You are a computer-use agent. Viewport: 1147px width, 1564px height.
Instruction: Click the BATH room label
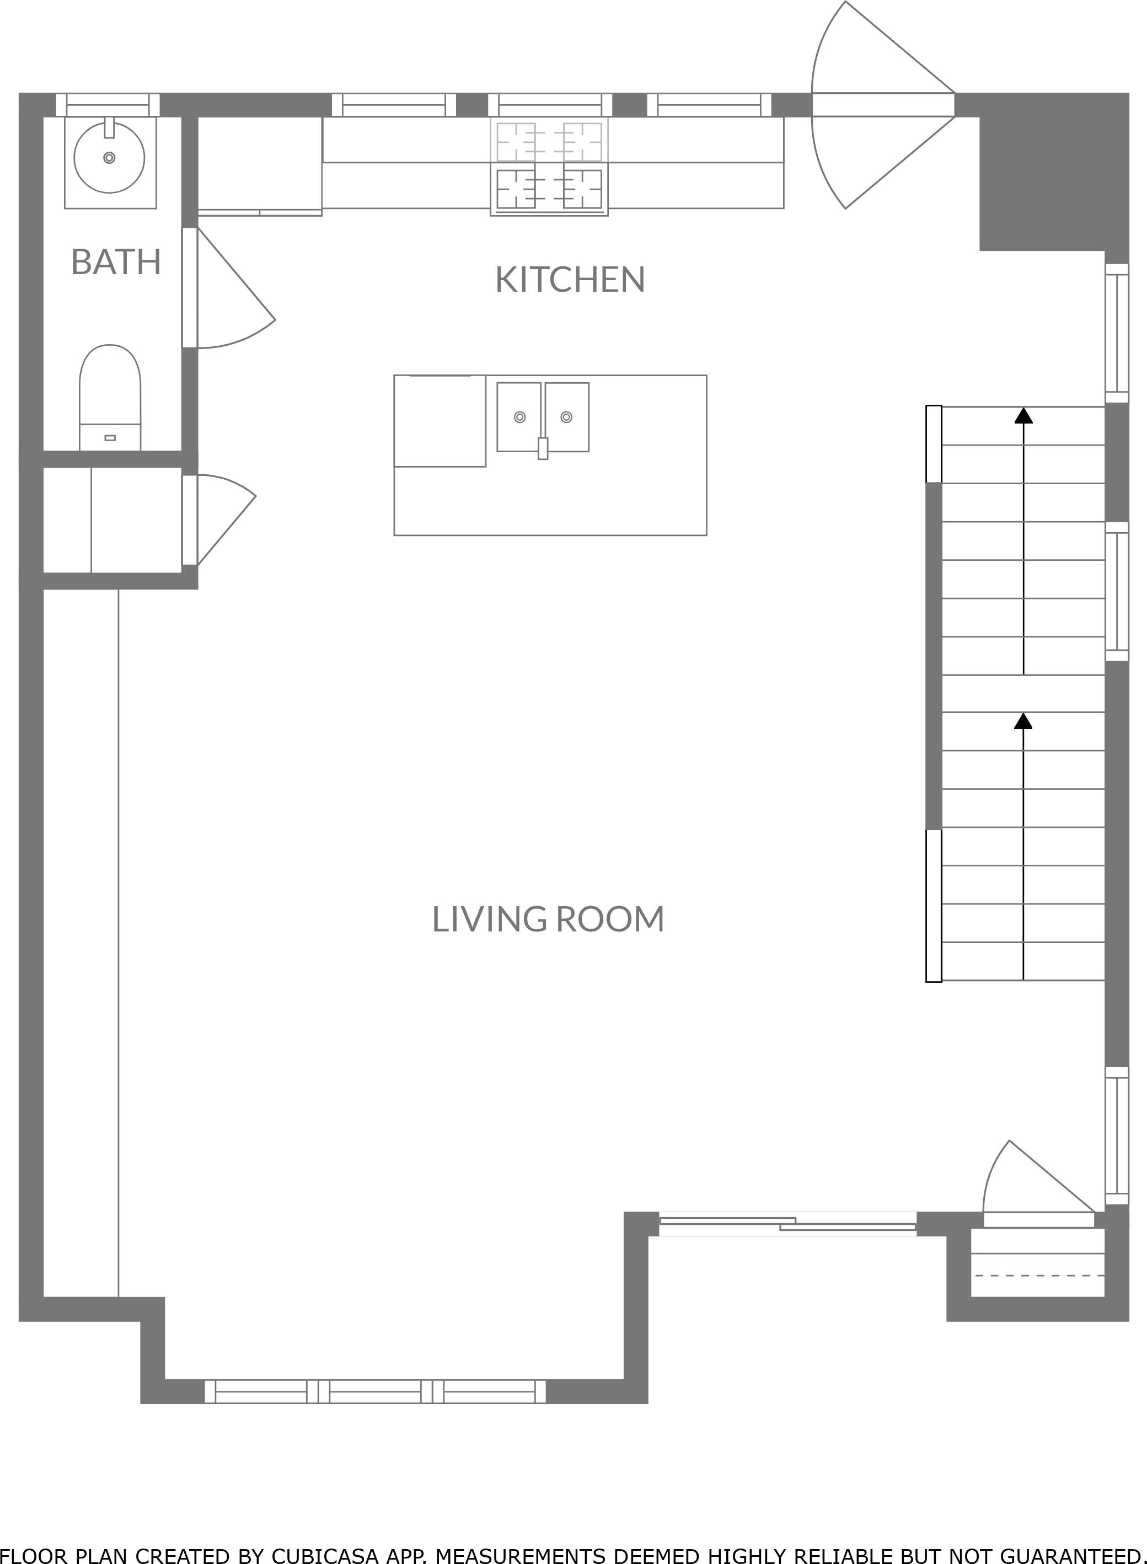[x=116, y=262]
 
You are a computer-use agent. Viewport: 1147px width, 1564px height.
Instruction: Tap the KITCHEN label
[x=570, y=280]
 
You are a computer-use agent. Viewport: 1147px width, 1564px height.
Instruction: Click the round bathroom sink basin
[x=109, y=158]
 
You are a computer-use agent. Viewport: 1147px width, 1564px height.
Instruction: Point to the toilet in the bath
[x=110, y=398]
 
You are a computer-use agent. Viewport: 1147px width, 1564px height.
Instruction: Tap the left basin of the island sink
[x=519, y=416]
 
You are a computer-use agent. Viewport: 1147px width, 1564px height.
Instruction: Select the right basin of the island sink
[x=566, y=416]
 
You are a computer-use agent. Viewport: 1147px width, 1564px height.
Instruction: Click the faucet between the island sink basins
[x=543, y=448]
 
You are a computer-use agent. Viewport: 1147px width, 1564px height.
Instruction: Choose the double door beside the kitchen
[x=883, y=105]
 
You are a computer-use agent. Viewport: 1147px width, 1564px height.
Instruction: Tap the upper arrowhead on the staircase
[x=1023, y=415]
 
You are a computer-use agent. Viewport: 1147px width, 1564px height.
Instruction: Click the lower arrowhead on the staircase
[x=1023, y=721]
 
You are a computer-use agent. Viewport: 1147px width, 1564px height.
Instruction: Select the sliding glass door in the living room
[x=787, y=1224]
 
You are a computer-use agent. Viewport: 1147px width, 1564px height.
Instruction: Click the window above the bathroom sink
[x=108, y=105]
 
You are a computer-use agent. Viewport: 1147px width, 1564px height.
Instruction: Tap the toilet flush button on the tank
[x=110, y=438]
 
